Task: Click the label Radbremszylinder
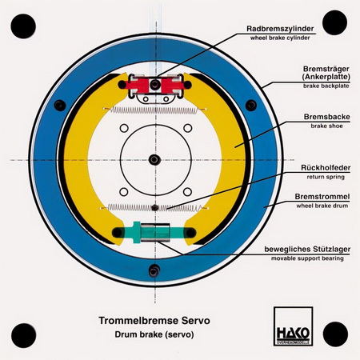280,29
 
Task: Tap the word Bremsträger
326,69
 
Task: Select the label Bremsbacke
327,117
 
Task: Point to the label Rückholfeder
326,168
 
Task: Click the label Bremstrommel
322,197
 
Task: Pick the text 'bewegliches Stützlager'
307,250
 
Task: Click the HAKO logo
293,326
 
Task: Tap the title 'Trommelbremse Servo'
154,320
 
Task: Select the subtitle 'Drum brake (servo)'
154,334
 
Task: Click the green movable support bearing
154,232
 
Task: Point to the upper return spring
154,110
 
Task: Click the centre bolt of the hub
154,160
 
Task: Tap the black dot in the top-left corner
23,26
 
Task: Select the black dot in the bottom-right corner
335,334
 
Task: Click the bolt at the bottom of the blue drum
154,270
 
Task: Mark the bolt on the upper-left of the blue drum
60,106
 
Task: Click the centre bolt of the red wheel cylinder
154,85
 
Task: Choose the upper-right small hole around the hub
188,128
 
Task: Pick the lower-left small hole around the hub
124,192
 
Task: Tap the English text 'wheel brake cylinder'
280,38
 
